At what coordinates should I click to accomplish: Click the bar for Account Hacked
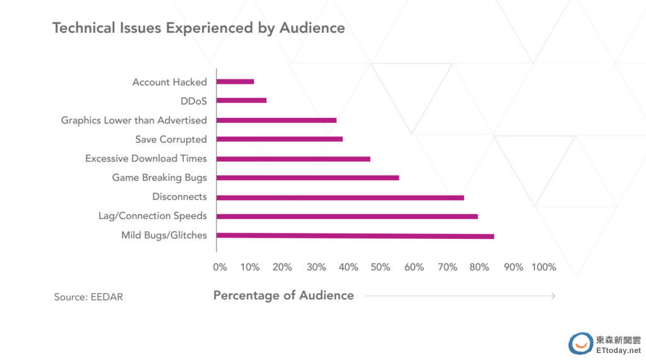235,81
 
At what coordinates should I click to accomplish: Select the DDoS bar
242,100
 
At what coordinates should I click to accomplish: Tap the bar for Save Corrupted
279,139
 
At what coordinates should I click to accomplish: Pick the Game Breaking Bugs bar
308,178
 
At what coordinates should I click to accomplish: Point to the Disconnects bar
340,197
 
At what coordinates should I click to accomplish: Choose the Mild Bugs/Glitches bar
355,236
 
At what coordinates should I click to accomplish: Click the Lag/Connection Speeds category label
153,216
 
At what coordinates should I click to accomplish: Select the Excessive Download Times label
146,158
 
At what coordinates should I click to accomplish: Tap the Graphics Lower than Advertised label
134,120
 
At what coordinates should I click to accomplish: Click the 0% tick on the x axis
220,267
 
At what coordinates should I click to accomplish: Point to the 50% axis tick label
381,267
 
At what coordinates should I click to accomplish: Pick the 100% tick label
544,267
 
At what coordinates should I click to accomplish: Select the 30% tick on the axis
316,267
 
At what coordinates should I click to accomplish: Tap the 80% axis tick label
479,267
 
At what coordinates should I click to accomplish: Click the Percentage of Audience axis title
283,296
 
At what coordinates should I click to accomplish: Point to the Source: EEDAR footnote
88,297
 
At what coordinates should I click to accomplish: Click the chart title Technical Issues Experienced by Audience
198,28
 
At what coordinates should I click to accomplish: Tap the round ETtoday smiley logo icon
580,344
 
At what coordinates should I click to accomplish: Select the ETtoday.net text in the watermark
618,350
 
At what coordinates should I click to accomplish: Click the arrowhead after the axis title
553,296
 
